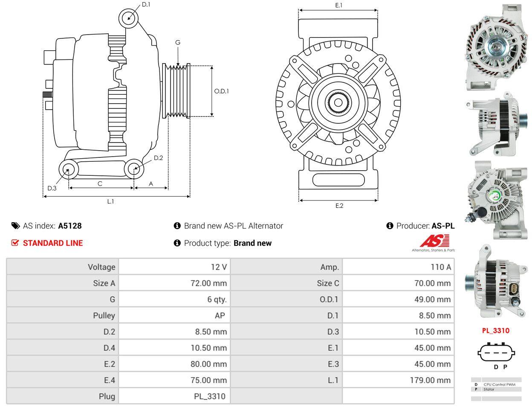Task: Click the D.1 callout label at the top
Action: (146, 5)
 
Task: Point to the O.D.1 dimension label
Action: (221, 91)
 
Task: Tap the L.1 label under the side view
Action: (110, 201)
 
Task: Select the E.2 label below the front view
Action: (339, 206)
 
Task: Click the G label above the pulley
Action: (178, 42)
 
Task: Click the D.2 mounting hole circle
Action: (134, 169)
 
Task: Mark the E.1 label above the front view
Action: (339, 5)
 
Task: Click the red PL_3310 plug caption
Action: (495, 331)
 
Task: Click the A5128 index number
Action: (70, 226)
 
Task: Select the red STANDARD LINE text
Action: (52, 243)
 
